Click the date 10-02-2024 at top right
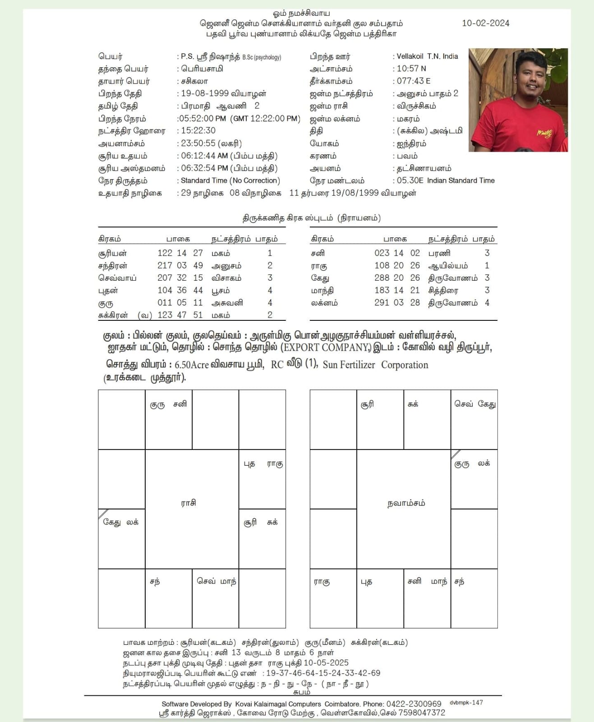[485, 23]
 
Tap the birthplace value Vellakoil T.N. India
[427, 56]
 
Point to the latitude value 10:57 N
[411, 69]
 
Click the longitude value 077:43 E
[413, 81]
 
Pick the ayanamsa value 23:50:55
[198, 143]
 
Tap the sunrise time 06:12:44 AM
[204, 156]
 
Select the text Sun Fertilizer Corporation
[375, 365]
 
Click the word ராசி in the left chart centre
[189, 503]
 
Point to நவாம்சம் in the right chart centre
[406, 503]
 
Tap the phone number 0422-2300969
[414, 704]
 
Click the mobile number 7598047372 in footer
[419, 713]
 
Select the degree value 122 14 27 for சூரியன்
[180, 253]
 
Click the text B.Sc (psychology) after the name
[262, 57]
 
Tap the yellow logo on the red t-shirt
[544, 133]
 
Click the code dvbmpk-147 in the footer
[466, 703]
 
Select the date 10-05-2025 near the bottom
[326, 662]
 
